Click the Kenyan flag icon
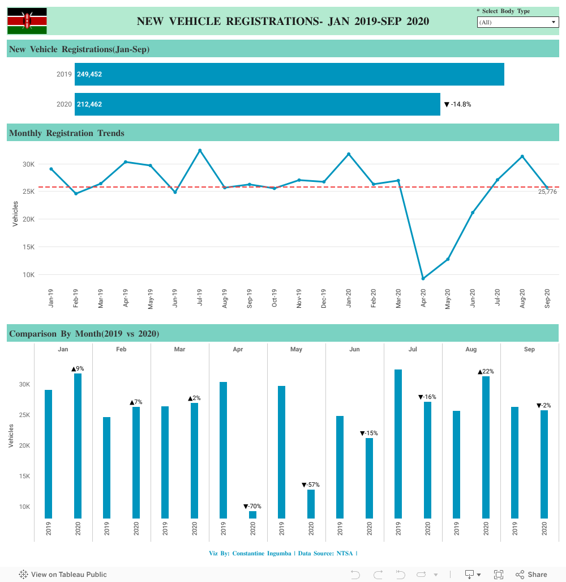click(27, 21)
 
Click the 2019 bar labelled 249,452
click(289, 74)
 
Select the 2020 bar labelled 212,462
click(258, 104)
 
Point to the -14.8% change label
click(458, 104)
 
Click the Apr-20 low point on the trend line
click(423, 278)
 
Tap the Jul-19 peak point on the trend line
click(200, 150)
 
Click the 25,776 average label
click(547, 192)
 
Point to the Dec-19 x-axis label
click(324, 298)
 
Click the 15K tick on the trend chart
click(28, 247)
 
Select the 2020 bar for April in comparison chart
click(252, 515)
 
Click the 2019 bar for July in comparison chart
click(398, 444)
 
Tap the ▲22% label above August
click(486, 371)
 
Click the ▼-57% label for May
click(311, 485)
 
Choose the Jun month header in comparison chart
click(354, 349)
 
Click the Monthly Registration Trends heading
click(67, 133)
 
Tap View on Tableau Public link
click(63, 574)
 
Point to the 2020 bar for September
click(544, 464)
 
